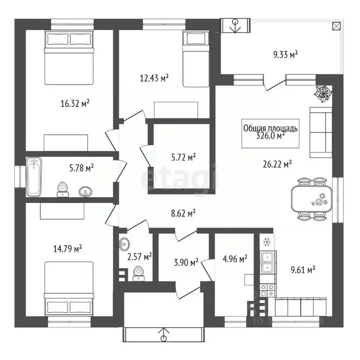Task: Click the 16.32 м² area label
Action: tap(75, 103)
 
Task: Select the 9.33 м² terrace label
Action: tap(285, 55)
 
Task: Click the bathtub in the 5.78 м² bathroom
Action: tap(34, 177)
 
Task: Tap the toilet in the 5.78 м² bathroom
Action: tap(62, 188)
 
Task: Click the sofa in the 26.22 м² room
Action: tap(321, 133)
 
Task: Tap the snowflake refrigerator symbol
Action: tap(267, 242)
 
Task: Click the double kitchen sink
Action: tap(268, 262)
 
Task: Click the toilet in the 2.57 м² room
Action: tap(138, 272)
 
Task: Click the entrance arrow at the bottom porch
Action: tap(163, 335)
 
